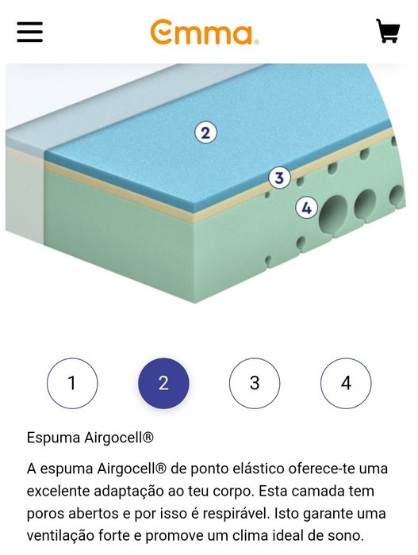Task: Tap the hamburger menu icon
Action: point(29,32)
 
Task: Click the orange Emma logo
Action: point(204,33)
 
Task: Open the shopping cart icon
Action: point(387,32)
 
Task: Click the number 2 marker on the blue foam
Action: point(205,132)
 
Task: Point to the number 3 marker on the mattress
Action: point(278,178)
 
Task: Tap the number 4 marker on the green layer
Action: point(307,209)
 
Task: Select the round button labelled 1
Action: point(72,384)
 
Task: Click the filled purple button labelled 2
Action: point(163,384)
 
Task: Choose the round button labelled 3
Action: point(255,384)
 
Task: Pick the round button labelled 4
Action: point(346,384)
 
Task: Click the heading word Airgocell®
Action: point(117,438)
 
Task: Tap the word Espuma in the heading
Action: point(52,438)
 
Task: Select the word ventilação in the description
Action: point(62,535)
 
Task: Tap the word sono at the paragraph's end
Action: point(346,535)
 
